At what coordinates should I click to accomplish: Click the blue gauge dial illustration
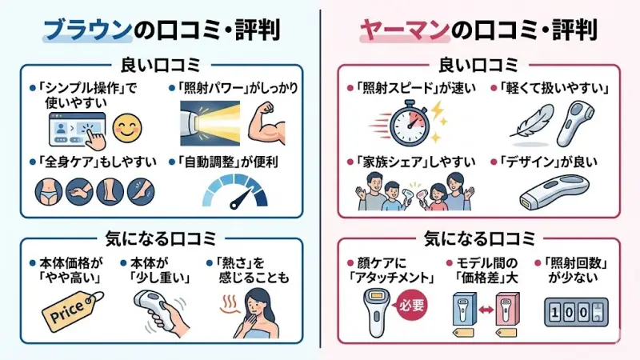click(x=233, y=191)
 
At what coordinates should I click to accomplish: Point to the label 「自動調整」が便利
click(x=227, y=161)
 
